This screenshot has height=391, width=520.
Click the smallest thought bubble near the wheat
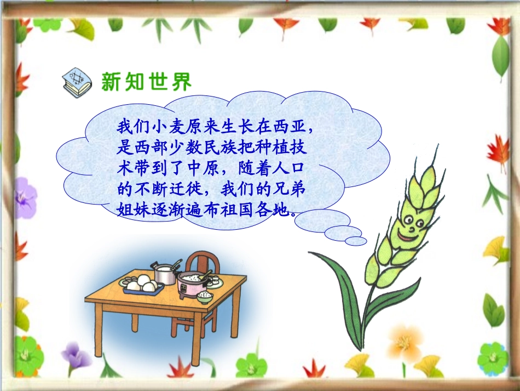click(356, 241)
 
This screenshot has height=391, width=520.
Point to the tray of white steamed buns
click(142, 285)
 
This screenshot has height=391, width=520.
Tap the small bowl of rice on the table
click(205, 296)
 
